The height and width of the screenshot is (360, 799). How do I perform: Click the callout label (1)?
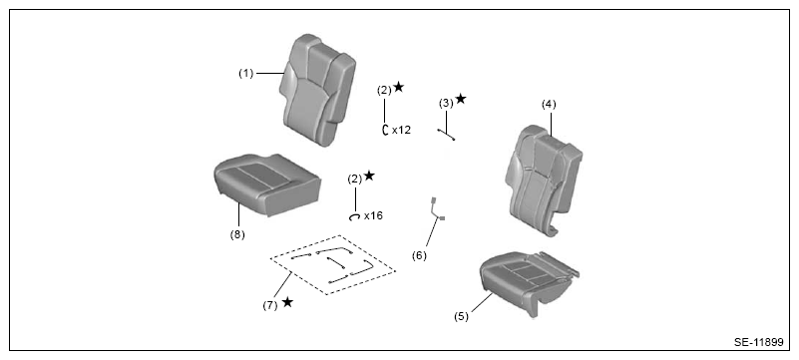click(246, 74)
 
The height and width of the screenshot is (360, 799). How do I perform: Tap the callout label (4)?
click(549, 105)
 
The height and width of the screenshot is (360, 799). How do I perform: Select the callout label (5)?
click(461, 316)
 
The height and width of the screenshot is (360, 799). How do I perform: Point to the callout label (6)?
click(419, 255)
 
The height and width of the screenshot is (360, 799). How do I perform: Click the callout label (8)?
click(237, 234)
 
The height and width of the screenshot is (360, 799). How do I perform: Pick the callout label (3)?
click(446, 104)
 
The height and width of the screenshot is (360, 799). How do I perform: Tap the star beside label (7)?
click(287, 302)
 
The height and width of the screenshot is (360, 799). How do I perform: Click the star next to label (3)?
click(461, 99)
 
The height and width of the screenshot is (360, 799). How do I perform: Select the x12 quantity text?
click(401, 131)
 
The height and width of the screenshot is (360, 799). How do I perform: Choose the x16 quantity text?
click(373, 215)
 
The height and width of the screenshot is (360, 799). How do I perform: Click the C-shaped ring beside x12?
click(384, 130)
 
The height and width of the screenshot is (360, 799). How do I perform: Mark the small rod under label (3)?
click(446, 135)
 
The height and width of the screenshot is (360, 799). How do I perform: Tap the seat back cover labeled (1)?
click(317, 90)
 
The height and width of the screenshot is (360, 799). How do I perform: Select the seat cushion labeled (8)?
click(267, 184)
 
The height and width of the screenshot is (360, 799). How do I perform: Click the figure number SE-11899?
click(758, 343)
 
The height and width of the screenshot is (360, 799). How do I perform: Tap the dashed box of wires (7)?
click(333, 265)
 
